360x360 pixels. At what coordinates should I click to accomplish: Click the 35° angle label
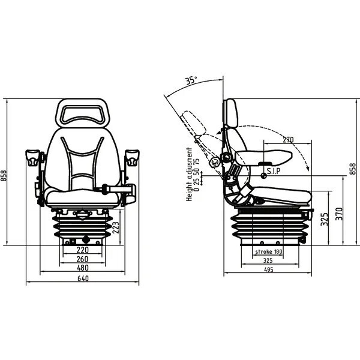coord(191,80)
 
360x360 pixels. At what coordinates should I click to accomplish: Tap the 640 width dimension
coord(83,278)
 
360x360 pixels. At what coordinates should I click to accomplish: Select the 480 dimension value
coord(83,268)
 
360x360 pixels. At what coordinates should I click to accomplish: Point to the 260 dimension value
coord(82,259)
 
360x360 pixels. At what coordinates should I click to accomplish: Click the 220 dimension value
coord(82,250)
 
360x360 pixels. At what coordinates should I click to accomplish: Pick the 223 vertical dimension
coord(116,227)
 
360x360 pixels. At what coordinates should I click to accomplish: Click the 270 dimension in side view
coord(288,140)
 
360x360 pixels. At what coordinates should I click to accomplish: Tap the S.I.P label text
coord(274,171)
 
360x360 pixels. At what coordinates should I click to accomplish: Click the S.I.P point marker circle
coord(264,176)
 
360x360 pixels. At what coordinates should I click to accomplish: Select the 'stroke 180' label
coord(269,251)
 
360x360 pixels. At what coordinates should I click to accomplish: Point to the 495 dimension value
coord(268,269)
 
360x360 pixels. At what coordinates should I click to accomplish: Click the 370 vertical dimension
coord(339,214)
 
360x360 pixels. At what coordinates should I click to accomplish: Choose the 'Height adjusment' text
coord(189,175)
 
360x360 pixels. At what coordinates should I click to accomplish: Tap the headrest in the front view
coord(83,113)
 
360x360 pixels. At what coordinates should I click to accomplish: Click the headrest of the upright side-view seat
coord(230,113)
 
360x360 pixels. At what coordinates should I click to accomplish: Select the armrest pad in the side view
coord(264,157)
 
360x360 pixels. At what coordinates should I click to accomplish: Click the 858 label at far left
coord(4,175)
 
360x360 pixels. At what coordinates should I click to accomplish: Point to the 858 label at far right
coord(353,169)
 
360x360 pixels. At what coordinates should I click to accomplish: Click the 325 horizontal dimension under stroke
coord(268,260)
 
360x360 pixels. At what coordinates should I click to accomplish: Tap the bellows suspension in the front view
coord(83,227)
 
